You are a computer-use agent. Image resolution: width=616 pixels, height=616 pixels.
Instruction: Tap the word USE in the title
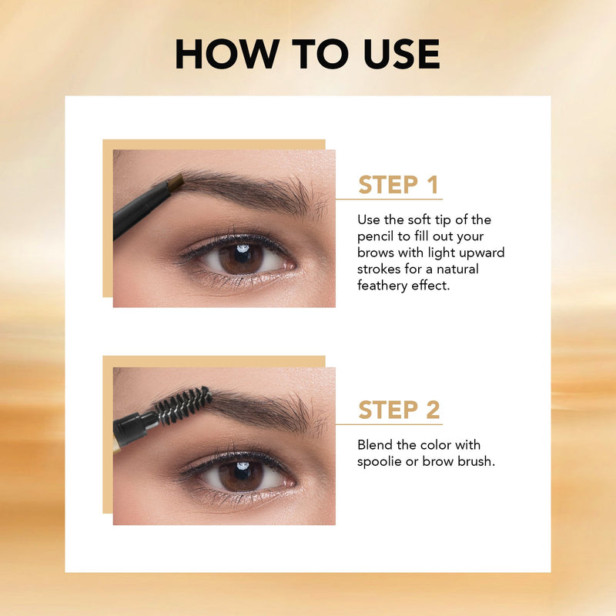pyautogui.click(x=401, y=54)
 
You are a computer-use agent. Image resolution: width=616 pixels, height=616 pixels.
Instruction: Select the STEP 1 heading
pyautogui.click(x=398, y=185)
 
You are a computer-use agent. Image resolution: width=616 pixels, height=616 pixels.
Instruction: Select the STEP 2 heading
pyautogui.click(x=399, y=410)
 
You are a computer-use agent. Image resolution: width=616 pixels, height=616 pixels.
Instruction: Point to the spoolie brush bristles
pyautogui.click(x=183, y=405)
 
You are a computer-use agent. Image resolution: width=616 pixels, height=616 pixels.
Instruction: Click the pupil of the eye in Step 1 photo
pyautogui.click(x=243, y=255)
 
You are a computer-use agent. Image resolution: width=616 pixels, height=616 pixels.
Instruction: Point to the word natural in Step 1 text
pyautogui.click(x=457, y=269)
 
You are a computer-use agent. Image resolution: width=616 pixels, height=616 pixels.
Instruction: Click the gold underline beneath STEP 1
pyautogui.click(x=389, y=199)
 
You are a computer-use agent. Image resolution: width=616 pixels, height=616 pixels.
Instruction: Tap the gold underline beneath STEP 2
pyautogui.click(x=389, y=424)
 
